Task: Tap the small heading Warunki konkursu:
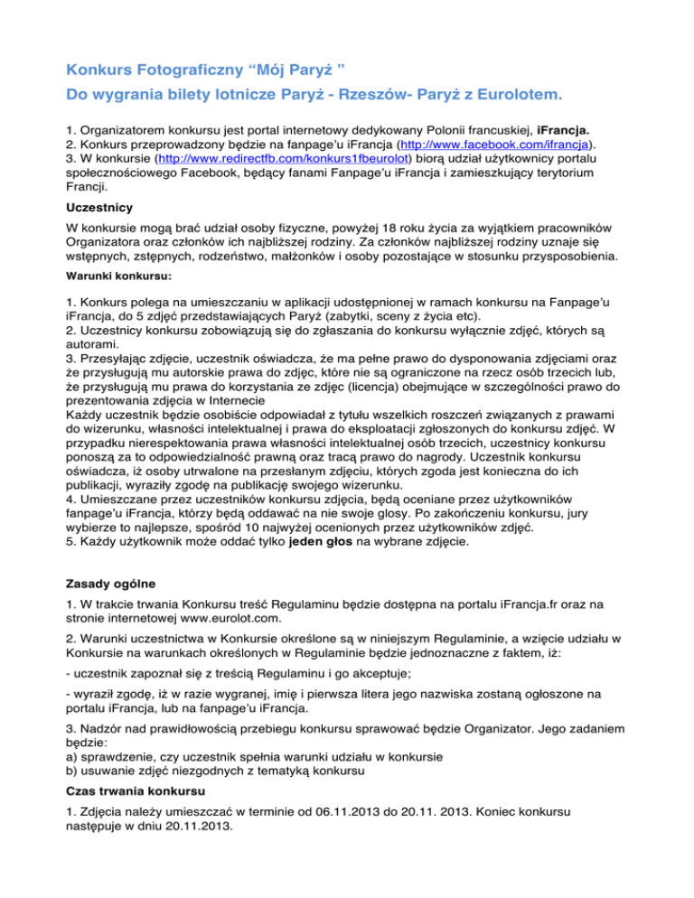pos(118,277)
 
